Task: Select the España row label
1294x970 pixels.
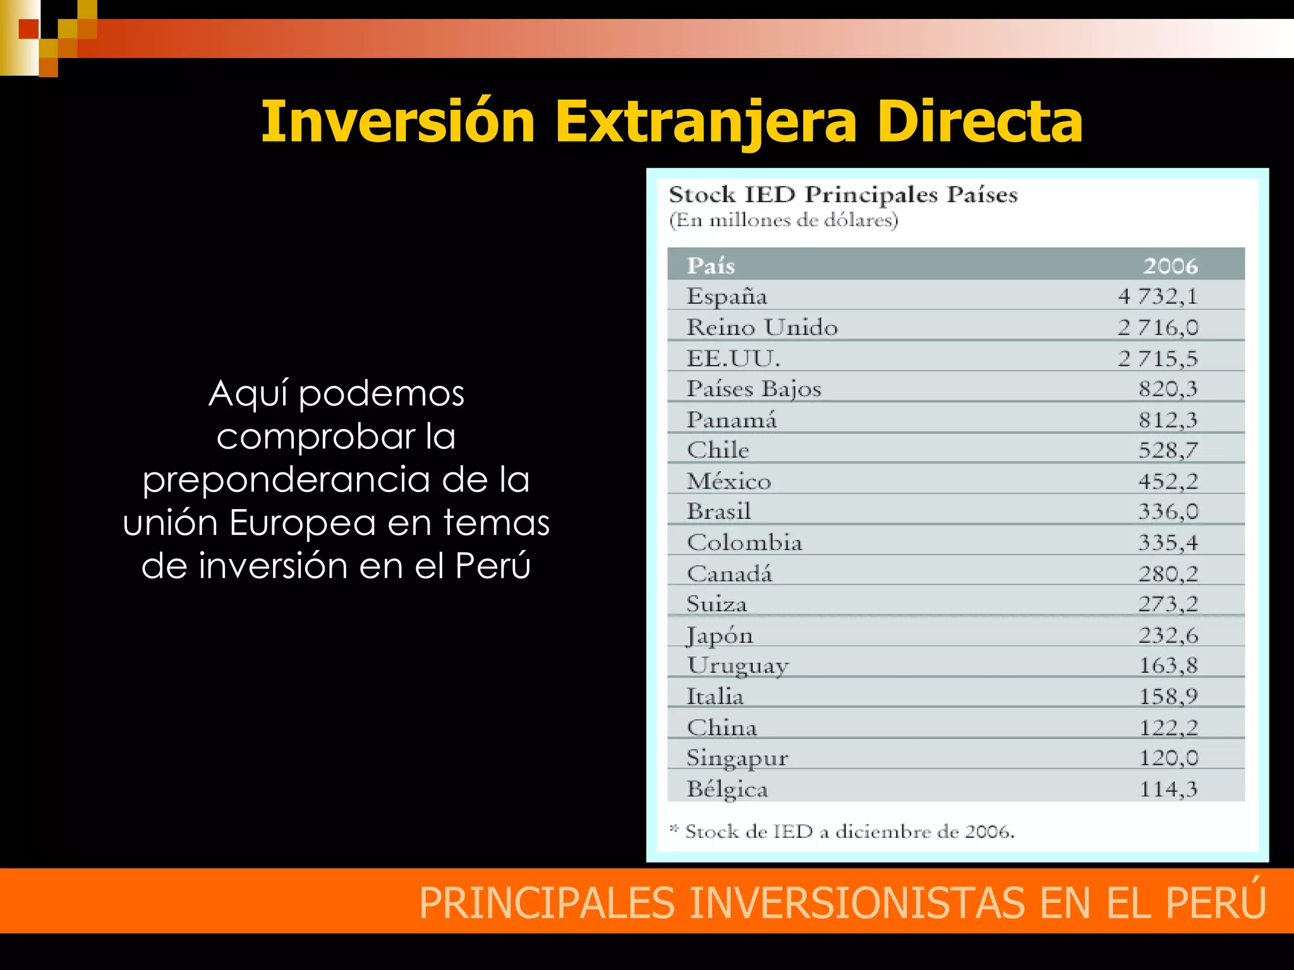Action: coord(727,296)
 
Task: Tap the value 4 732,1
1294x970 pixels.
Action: coord(1158,296)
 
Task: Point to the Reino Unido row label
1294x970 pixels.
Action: coord(762,327)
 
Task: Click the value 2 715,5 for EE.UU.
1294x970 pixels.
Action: coord(1158,358)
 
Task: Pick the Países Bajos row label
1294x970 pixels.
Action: coord(754,388)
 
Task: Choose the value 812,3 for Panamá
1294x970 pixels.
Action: coord(1168,419)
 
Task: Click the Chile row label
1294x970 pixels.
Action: coord(718,450)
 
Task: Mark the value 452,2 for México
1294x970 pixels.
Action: coord(1168,481)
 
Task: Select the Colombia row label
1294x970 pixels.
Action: coord(744,542)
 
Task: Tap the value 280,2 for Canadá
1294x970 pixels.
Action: coord(1168,573)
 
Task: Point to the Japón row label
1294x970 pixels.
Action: coord(720,635)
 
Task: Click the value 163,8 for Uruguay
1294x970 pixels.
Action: coord(1168,665)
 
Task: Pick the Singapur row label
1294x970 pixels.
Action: coord(737,758)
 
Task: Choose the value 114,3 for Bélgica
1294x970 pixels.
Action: coord(1168,789)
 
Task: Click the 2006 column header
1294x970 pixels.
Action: coord(1170,265)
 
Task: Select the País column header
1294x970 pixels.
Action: coord(711,265)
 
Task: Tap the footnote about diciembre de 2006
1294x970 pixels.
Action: coord(843,831)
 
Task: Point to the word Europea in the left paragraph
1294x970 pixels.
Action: coord(302,522)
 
